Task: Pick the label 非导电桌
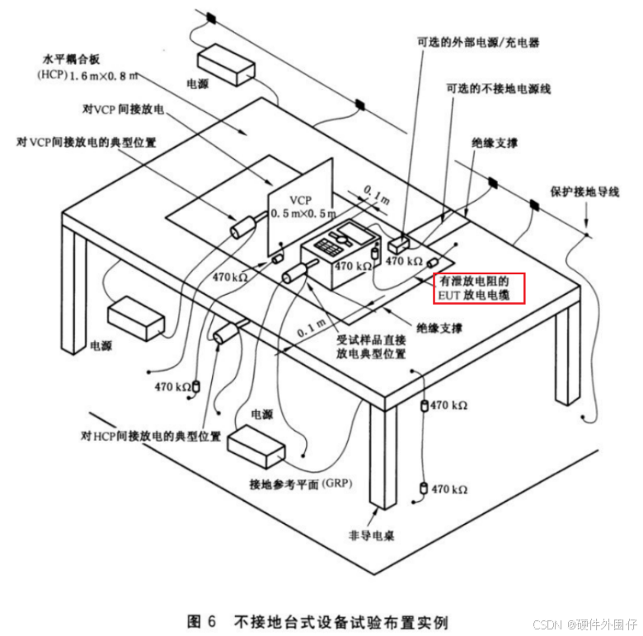(372, 536)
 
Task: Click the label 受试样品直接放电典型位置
(371, 345)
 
